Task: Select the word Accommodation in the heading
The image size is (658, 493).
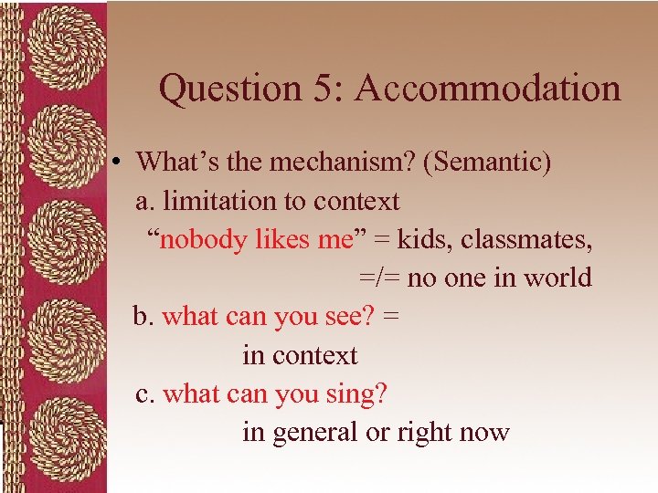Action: click(x=488, y=89)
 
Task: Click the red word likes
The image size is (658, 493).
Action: click(x=287, y=239)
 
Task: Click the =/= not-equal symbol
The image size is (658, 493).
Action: click(x=378, y=278)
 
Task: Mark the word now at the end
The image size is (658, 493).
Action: click(x=484, y=433)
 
